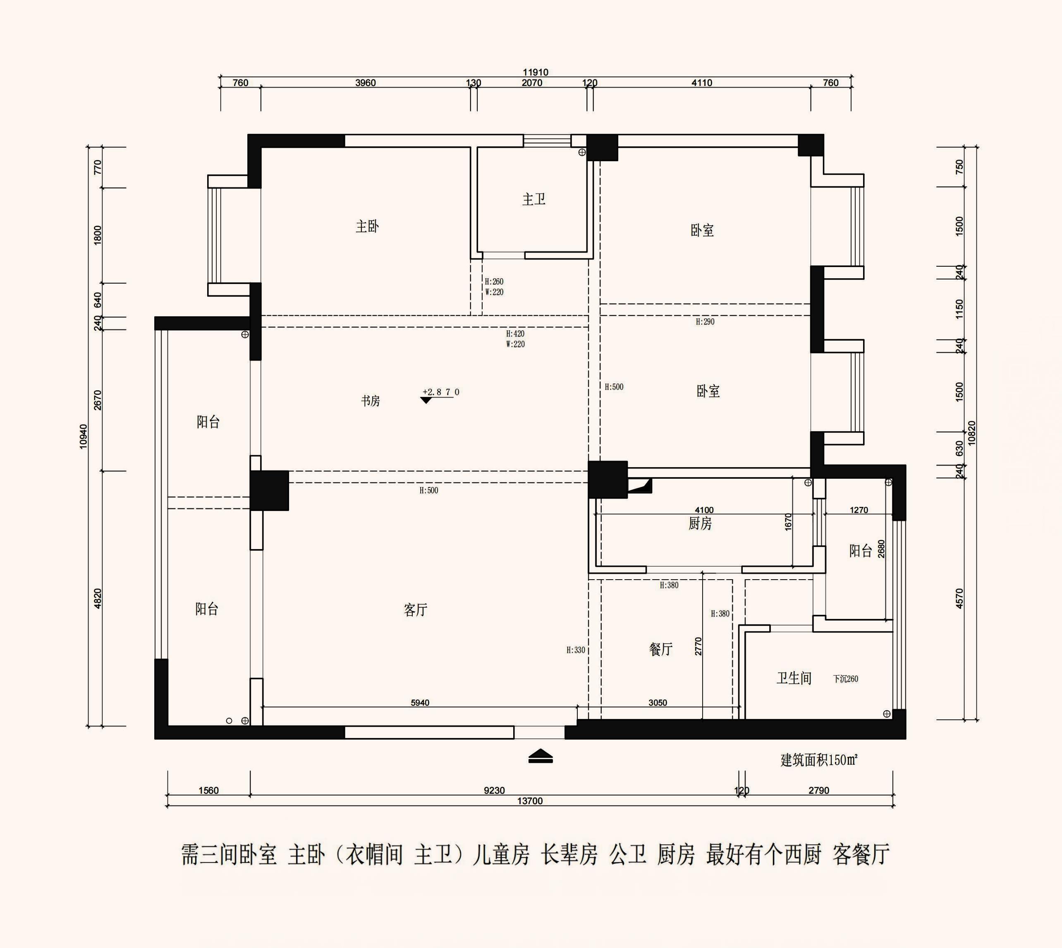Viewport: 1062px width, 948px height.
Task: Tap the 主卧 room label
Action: pyautogui.click(x=367, y=226)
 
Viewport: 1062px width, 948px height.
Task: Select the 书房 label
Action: pyautogui.click(x=371, y=401)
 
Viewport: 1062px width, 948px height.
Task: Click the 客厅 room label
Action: pyautogui.click(x=415, y=610)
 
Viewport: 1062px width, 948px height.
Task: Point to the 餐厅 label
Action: pyautogui.click(x=661, y=649)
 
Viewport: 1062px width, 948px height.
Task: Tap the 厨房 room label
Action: pyautogui.click(x=700, y=523)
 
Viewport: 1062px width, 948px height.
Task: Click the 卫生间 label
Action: pyautogui.click(x=794, y=678)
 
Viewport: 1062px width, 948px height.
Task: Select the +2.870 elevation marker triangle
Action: pyautogui.click(x=426, y=400)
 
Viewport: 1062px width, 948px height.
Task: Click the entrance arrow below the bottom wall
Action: pyautogui.click(x=541, y=756)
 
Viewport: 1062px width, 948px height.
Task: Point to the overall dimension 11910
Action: pyautogui.click(x=536, y=72)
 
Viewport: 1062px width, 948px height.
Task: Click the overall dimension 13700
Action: pyautogui.click(x=530, y=801)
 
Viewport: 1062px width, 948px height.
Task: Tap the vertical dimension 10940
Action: pyautogui.click(x=84, y=437)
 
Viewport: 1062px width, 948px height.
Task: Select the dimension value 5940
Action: pyautogui.click(x=420, y=703)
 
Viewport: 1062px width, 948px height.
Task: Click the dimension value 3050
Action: pyautogui.click(x=658, y=703)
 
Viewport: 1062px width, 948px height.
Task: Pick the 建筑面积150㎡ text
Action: pyautogui.click(x=819, y=760)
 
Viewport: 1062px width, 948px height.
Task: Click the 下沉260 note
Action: pyautogui.click(x=845, y=679)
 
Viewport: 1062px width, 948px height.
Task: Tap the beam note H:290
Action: pyautogui.click(x=705, y=322)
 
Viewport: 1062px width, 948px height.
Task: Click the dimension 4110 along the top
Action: pyautogui.click(x=702, y=83)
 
